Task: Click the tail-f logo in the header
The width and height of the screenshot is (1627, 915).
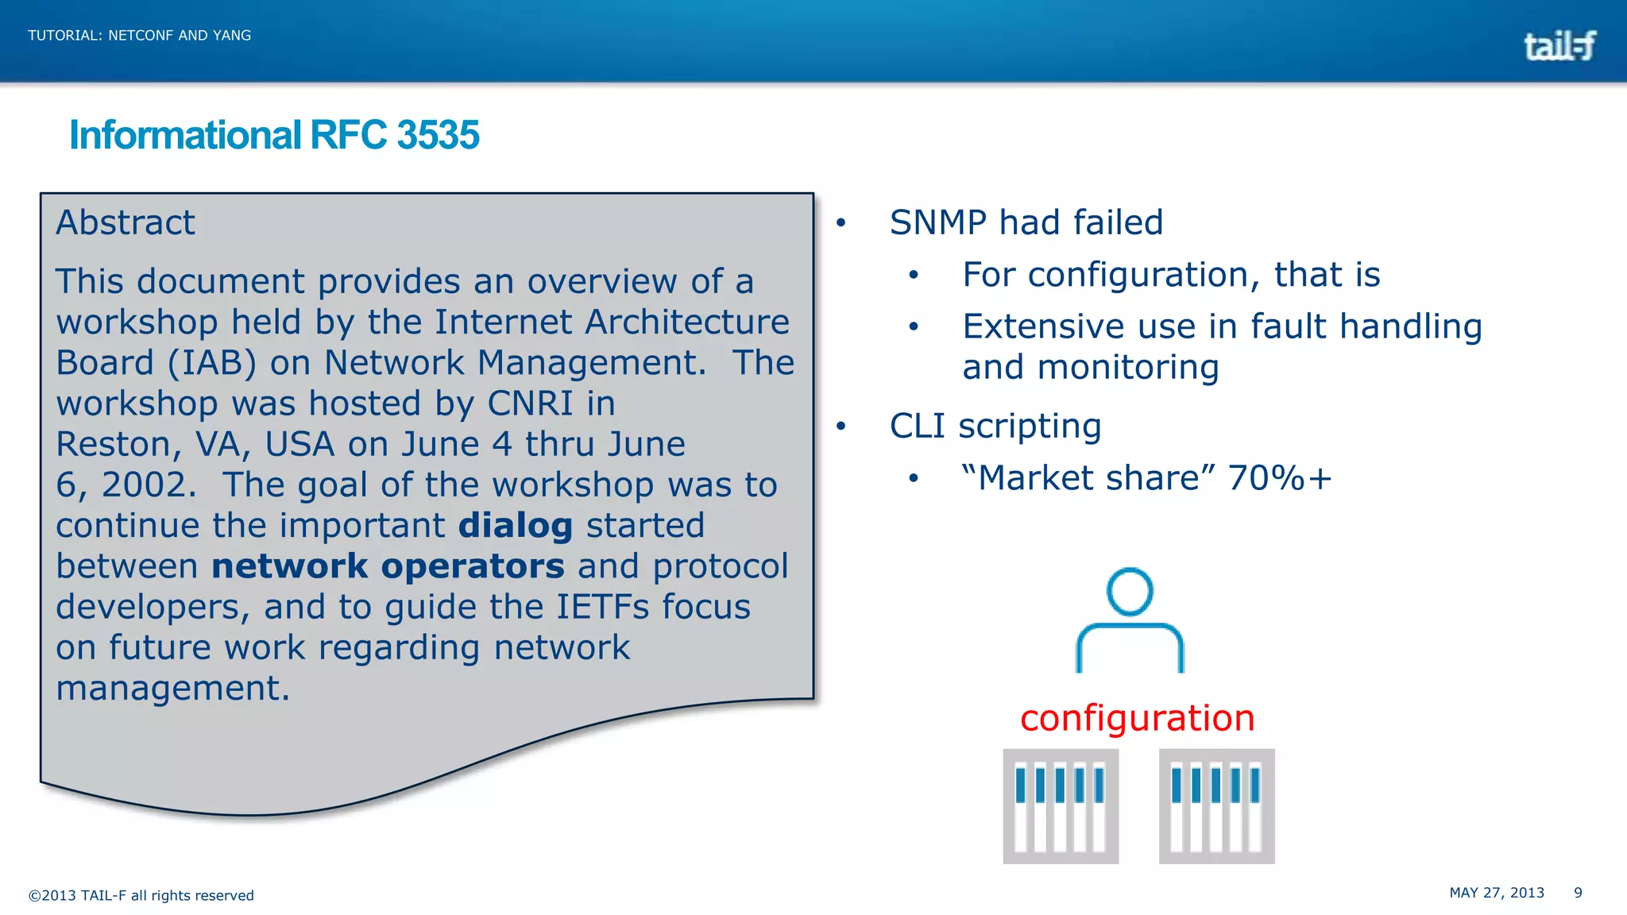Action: point(1559,46)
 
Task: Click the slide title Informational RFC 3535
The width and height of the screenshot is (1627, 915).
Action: point(274,135)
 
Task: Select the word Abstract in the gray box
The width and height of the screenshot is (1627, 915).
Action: point(126,222)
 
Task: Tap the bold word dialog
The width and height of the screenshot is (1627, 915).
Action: point(515,526)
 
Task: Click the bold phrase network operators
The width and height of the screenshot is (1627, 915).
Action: point(388,566)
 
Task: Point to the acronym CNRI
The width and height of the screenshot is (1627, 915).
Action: point(529,403)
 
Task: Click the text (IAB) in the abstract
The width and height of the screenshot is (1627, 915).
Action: point(212,363)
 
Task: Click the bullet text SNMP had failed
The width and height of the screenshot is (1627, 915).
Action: point(1026,222)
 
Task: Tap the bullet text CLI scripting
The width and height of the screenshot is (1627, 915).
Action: point(995,426)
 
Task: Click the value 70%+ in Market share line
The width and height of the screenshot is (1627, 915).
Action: point(1279,478)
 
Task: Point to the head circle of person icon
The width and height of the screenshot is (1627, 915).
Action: point(1129,591)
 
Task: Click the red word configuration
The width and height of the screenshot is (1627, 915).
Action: point(1137,718)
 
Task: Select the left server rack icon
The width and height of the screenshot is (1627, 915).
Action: point(1061,806)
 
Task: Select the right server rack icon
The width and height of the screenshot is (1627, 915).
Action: point(1216,806)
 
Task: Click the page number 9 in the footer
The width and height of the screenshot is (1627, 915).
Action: point(1578,893)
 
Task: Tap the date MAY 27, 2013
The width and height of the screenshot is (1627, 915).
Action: point(1497,893)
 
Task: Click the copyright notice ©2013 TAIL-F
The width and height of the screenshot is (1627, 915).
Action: point(141,895)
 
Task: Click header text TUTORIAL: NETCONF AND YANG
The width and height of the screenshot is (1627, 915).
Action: point(140,36)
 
